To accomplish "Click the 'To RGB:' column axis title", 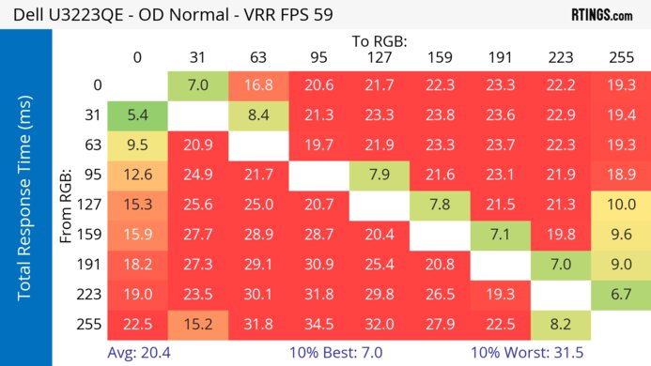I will click(381, 41).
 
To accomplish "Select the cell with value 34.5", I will click(318, 324).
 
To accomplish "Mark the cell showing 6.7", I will click(622, 294).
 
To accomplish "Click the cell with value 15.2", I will click(197, 324).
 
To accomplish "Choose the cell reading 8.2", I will click(561, 324).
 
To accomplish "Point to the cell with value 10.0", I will click(622, 205).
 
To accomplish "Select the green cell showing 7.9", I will click(380, 175).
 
